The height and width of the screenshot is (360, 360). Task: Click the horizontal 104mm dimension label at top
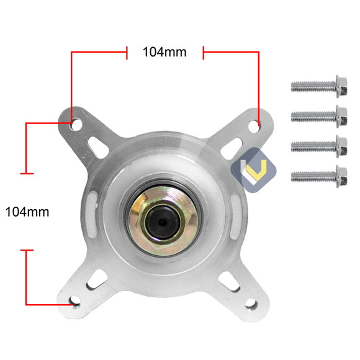pyautogui.click(x=164, y=52)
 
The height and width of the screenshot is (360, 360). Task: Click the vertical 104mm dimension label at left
pyautogui.click(x=27, y=212)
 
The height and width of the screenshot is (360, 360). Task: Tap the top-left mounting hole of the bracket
pyautogui.click(x=76, y=124)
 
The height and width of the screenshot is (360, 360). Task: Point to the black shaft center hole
pyautogui.click(x=163, y=222)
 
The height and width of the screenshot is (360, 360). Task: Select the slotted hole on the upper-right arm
pyautogui.click(x=234, y=145)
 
